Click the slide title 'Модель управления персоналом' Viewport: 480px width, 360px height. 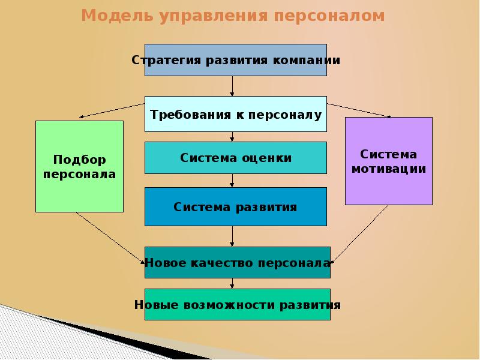tap(233, 16)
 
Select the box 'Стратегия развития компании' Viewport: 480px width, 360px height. tap(235, 60)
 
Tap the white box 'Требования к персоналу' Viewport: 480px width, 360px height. tap(235, 114)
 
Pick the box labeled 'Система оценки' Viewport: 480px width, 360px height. tap(235, 158)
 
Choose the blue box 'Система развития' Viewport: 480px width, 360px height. tap(235, 207)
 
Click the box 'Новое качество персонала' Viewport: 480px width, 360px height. tap(237, 262)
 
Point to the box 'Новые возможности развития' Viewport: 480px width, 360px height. tap(237, 305)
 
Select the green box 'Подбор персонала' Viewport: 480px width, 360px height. tap(79, 166)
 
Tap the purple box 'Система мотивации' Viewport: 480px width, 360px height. tap(389, 161)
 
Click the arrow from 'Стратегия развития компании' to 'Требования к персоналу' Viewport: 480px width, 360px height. tap(232, 86)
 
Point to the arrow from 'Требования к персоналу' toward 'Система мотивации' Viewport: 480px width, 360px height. tap(360, 109)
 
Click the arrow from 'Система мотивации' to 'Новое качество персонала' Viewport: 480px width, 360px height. tap(360, 234)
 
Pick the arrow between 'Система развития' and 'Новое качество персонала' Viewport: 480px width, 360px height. tap(232, 236)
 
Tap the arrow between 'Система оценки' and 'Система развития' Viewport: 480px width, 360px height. tap(232, 181)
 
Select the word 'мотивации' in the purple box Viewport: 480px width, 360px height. tap(389, 169)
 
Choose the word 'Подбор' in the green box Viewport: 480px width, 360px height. tap(79, 160)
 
